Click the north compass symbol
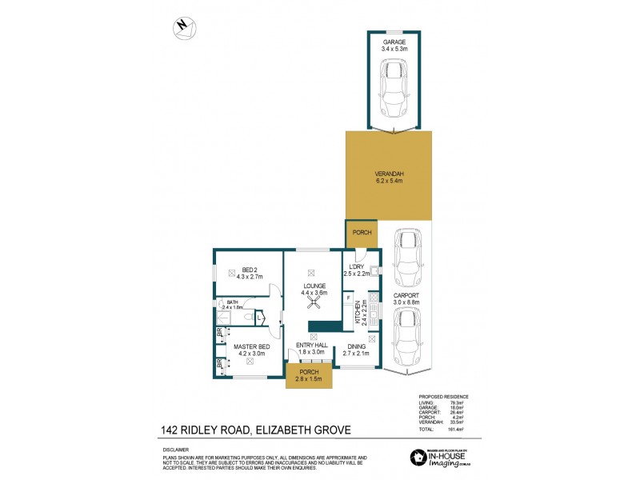point(185,27)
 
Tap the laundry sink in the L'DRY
point(374,270)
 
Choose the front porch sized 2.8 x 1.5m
point(309,376)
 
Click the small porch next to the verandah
point(361,233)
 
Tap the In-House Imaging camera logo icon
point(418,457)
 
